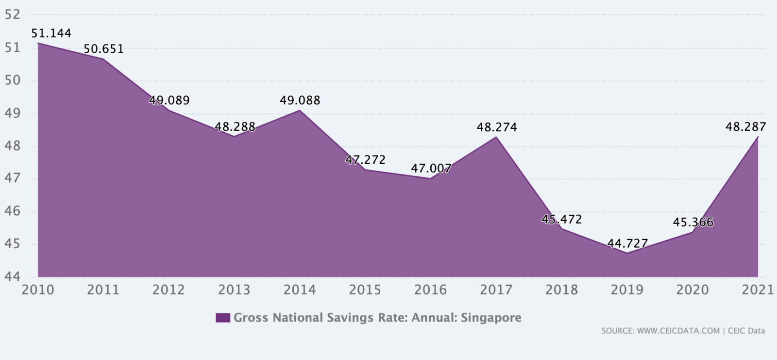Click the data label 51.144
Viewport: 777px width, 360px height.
point(51,33)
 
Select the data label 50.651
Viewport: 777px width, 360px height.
point(103,49)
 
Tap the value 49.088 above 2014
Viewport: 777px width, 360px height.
point(300,100)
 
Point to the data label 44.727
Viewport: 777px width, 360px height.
point(627,243)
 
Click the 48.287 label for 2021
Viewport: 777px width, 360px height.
point(745,127)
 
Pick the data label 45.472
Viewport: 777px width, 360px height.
point(561,219)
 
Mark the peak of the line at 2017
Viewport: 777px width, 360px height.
point(496,137)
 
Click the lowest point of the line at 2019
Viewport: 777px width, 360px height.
point(627,253)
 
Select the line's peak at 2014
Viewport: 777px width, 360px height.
point(300,110)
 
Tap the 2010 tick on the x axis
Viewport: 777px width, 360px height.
point(38,290)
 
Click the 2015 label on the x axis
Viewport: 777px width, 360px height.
point(365,290)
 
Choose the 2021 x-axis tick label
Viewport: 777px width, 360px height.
point(758,290)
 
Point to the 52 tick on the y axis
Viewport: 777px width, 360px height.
point(12,15)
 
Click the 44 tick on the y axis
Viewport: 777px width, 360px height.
point(12,276)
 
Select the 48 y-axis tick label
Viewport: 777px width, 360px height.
point(12,146)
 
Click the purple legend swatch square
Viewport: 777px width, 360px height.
point(222,318)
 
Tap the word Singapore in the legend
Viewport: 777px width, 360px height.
point(491,318)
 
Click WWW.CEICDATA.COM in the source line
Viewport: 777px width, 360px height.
point(678,331)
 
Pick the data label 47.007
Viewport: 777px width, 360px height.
point(431,168)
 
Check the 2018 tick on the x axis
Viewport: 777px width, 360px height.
point(561,290)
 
